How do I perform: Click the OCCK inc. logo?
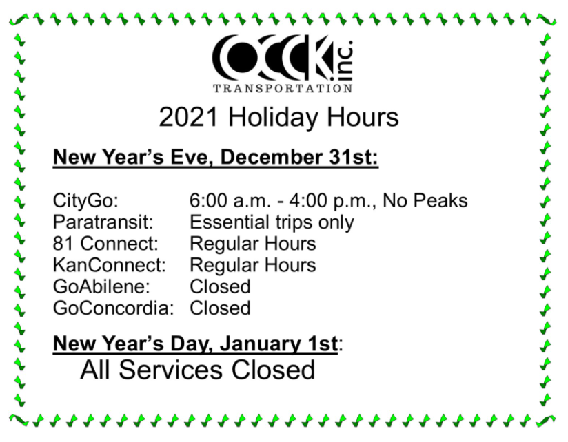pyautogui.click(x=283, y=58)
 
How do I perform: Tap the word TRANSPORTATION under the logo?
pyautogui.click(x=283, y=89)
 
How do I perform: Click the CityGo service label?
pyautogui.click(x=86, y=201)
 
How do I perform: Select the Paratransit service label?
pyautogui.click(x=103, y=222)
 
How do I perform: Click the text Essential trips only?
pyautogui.click(x=272, y=222)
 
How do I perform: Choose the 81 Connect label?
pyautogui.click(x=105, y=244)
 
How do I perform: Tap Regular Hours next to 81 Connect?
pyautogui.click(x=253, y=244)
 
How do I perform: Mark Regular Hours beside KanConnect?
pyautogui.click(x=253, y=265)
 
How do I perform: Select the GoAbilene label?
pyautogui.click(x=102, y=286)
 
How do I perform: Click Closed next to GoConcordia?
pyautogui.click(x=220, y=308)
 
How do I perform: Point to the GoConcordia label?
pyautogui.click(x=114, y=308)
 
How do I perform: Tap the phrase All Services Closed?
pyautogui.click(x=197, y=370)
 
